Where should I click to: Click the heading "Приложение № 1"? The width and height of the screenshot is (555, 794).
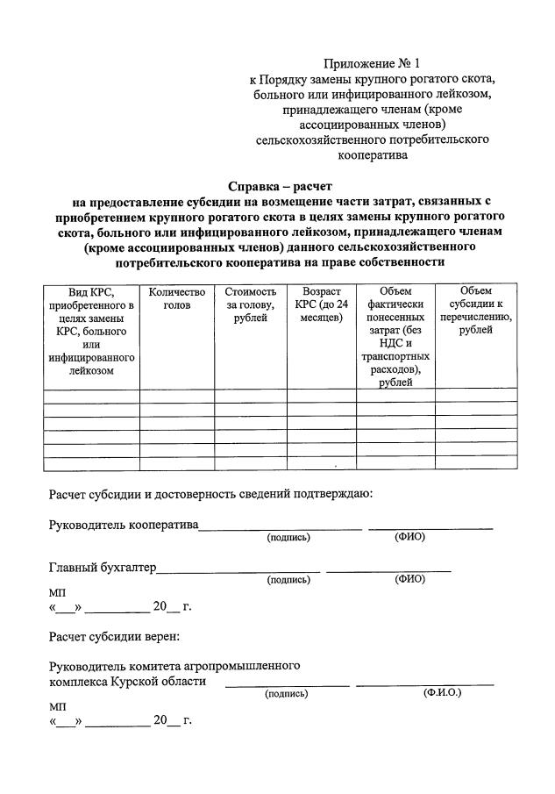click(372, 63)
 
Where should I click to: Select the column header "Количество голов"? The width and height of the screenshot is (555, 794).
click(177, 298)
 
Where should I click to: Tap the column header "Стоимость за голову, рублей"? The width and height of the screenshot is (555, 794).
click(250, 304)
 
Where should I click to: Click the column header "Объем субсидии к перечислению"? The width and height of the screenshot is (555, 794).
click(476, 311)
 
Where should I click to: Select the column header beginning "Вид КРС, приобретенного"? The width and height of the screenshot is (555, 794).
click(91, 331)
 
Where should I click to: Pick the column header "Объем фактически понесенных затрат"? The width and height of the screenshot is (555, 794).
click(395, 337)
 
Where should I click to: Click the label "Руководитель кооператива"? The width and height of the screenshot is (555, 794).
click(124, 526)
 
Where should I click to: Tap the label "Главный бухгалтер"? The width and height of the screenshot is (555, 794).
click(103, 567)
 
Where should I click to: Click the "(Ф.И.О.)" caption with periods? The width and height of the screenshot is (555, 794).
click(442, 693)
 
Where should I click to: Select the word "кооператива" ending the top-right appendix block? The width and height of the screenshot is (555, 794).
click(372, 155)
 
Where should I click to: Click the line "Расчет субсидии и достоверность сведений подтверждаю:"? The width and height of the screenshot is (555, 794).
click(210, 493)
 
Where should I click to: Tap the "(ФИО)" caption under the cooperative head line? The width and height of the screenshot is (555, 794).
click(409, 537)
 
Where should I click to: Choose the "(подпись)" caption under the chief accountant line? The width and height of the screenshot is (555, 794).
click(288, 579)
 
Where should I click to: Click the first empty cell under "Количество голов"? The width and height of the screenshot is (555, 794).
click(177, 396)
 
